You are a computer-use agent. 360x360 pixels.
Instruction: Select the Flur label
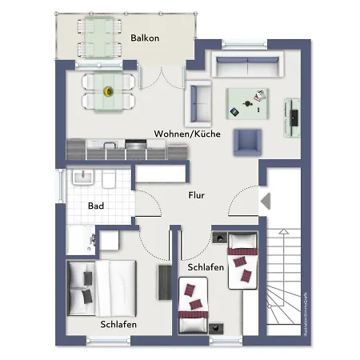[x=197, y=195]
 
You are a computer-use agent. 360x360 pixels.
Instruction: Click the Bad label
[x=96, y=206]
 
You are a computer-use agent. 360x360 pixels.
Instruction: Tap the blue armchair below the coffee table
[x=247, y=142]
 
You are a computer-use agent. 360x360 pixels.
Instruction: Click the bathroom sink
[x=83, y=177]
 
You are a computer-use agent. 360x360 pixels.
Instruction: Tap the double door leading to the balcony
[x=163, y=80]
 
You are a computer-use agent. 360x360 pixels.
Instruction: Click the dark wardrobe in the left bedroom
[x=165, y=282]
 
